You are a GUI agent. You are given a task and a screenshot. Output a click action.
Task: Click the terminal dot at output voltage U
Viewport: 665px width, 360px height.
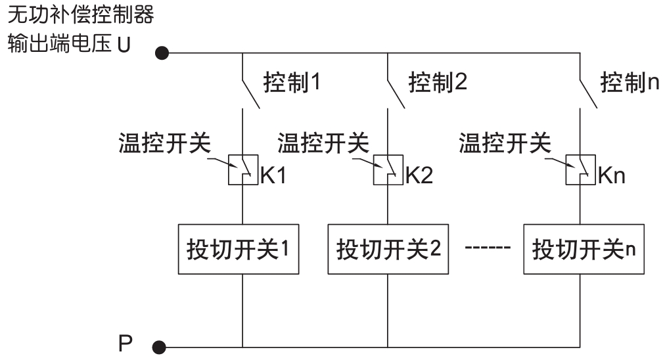click(161, 52)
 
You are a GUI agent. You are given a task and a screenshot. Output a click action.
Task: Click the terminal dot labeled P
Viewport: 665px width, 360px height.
click(158, 346)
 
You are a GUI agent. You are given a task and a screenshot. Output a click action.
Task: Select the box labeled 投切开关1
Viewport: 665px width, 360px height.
click(239, 250)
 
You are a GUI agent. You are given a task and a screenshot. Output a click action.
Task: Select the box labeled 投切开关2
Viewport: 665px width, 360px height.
click(388, 250)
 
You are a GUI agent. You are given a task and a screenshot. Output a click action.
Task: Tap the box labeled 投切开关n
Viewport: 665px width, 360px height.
click(583, 250)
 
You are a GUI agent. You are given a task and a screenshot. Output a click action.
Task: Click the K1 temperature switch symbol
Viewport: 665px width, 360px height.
click(242, 170)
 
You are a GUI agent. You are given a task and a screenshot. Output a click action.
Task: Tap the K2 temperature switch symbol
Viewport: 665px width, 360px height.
click(388, 170)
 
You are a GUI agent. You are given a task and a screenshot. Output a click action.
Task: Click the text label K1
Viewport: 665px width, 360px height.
click(274, 177)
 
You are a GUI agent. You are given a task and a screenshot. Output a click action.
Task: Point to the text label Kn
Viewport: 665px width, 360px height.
click(612, 177)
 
